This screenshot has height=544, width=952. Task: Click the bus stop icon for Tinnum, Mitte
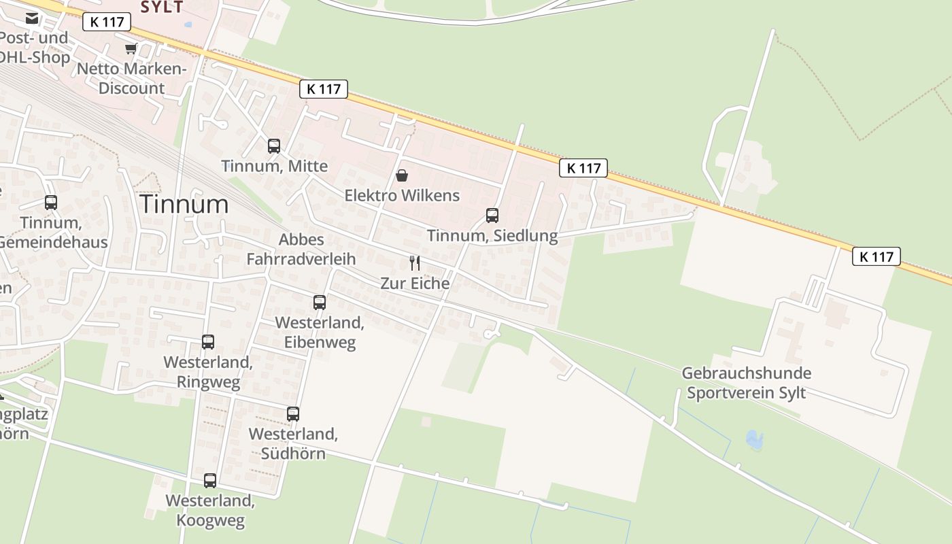pyautogui.click(x=274, y=146)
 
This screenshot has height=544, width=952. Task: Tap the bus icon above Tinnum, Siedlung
pyautogui.click(x=492, y=216)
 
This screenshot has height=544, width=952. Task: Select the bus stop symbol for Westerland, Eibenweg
pyautogui.click(x=320, y=303)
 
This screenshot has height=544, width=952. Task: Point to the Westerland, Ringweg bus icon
pyautogui.click(x=208, y=342)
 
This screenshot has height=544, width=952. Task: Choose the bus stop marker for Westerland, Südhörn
pyautogui.click(x=293, y=413)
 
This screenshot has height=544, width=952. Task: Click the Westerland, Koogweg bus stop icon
pyautogui.click(x=210, y=481)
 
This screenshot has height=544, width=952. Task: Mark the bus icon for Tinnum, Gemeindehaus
pyautogui.click(x=51, y=202)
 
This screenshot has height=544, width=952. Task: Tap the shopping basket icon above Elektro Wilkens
pyautogui.click(x=402, y=175)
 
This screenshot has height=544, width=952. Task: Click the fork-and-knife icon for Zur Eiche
pyautogui.click(x=415, y=262)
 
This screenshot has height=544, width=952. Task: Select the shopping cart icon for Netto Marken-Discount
pyautogui.click(x=131, y=48)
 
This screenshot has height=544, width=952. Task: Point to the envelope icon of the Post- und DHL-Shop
pyautogui.click(x=32, y=18)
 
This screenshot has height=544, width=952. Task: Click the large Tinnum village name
pyautogui.click(x=184, y=204)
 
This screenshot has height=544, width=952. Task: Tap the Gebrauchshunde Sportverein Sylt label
pyautogui.click(x=746, y=383)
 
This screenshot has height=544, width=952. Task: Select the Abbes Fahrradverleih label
pyautogui.click(x=301, y=249)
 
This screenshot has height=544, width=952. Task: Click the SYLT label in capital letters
pyautogui.click(x=162, y=7)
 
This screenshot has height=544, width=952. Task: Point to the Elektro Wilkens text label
pyautogui.click(x=402, y=196)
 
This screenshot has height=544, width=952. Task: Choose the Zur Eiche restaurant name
pyautogui.click(x=415, y=283)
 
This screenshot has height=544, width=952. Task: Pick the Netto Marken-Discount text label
pyautogui.click(x=131, y=78)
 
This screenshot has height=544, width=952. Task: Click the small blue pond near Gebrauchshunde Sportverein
pyautogui.click(x=754, y=440)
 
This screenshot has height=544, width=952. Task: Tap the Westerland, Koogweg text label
pyautogui.click(x=210, y=511)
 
